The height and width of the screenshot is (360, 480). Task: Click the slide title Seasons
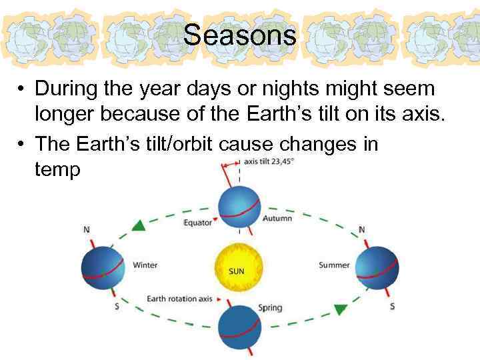(240, 35)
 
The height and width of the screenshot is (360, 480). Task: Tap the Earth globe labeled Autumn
(239, 209)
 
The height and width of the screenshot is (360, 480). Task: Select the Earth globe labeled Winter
(103, 267)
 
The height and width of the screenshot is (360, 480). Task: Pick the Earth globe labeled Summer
(377, 267)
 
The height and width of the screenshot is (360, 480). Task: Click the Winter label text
(145, 265)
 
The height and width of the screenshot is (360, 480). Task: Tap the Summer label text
(334, 265)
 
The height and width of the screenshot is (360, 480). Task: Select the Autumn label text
(278, 219)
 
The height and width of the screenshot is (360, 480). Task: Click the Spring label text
(270, 308)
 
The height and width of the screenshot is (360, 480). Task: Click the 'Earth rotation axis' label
(179, 299)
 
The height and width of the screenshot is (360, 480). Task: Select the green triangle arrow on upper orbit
(139, 225)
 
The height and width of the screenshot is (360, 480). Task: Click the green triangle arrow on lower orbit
(341, 309)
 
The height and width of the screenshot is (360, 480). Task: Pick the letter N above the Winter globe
(87, 230)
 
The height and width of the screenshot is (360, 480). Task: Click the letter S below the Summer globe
(392, 306)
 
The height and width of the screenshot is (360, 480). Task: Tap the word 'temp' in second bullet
(57, 170)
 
